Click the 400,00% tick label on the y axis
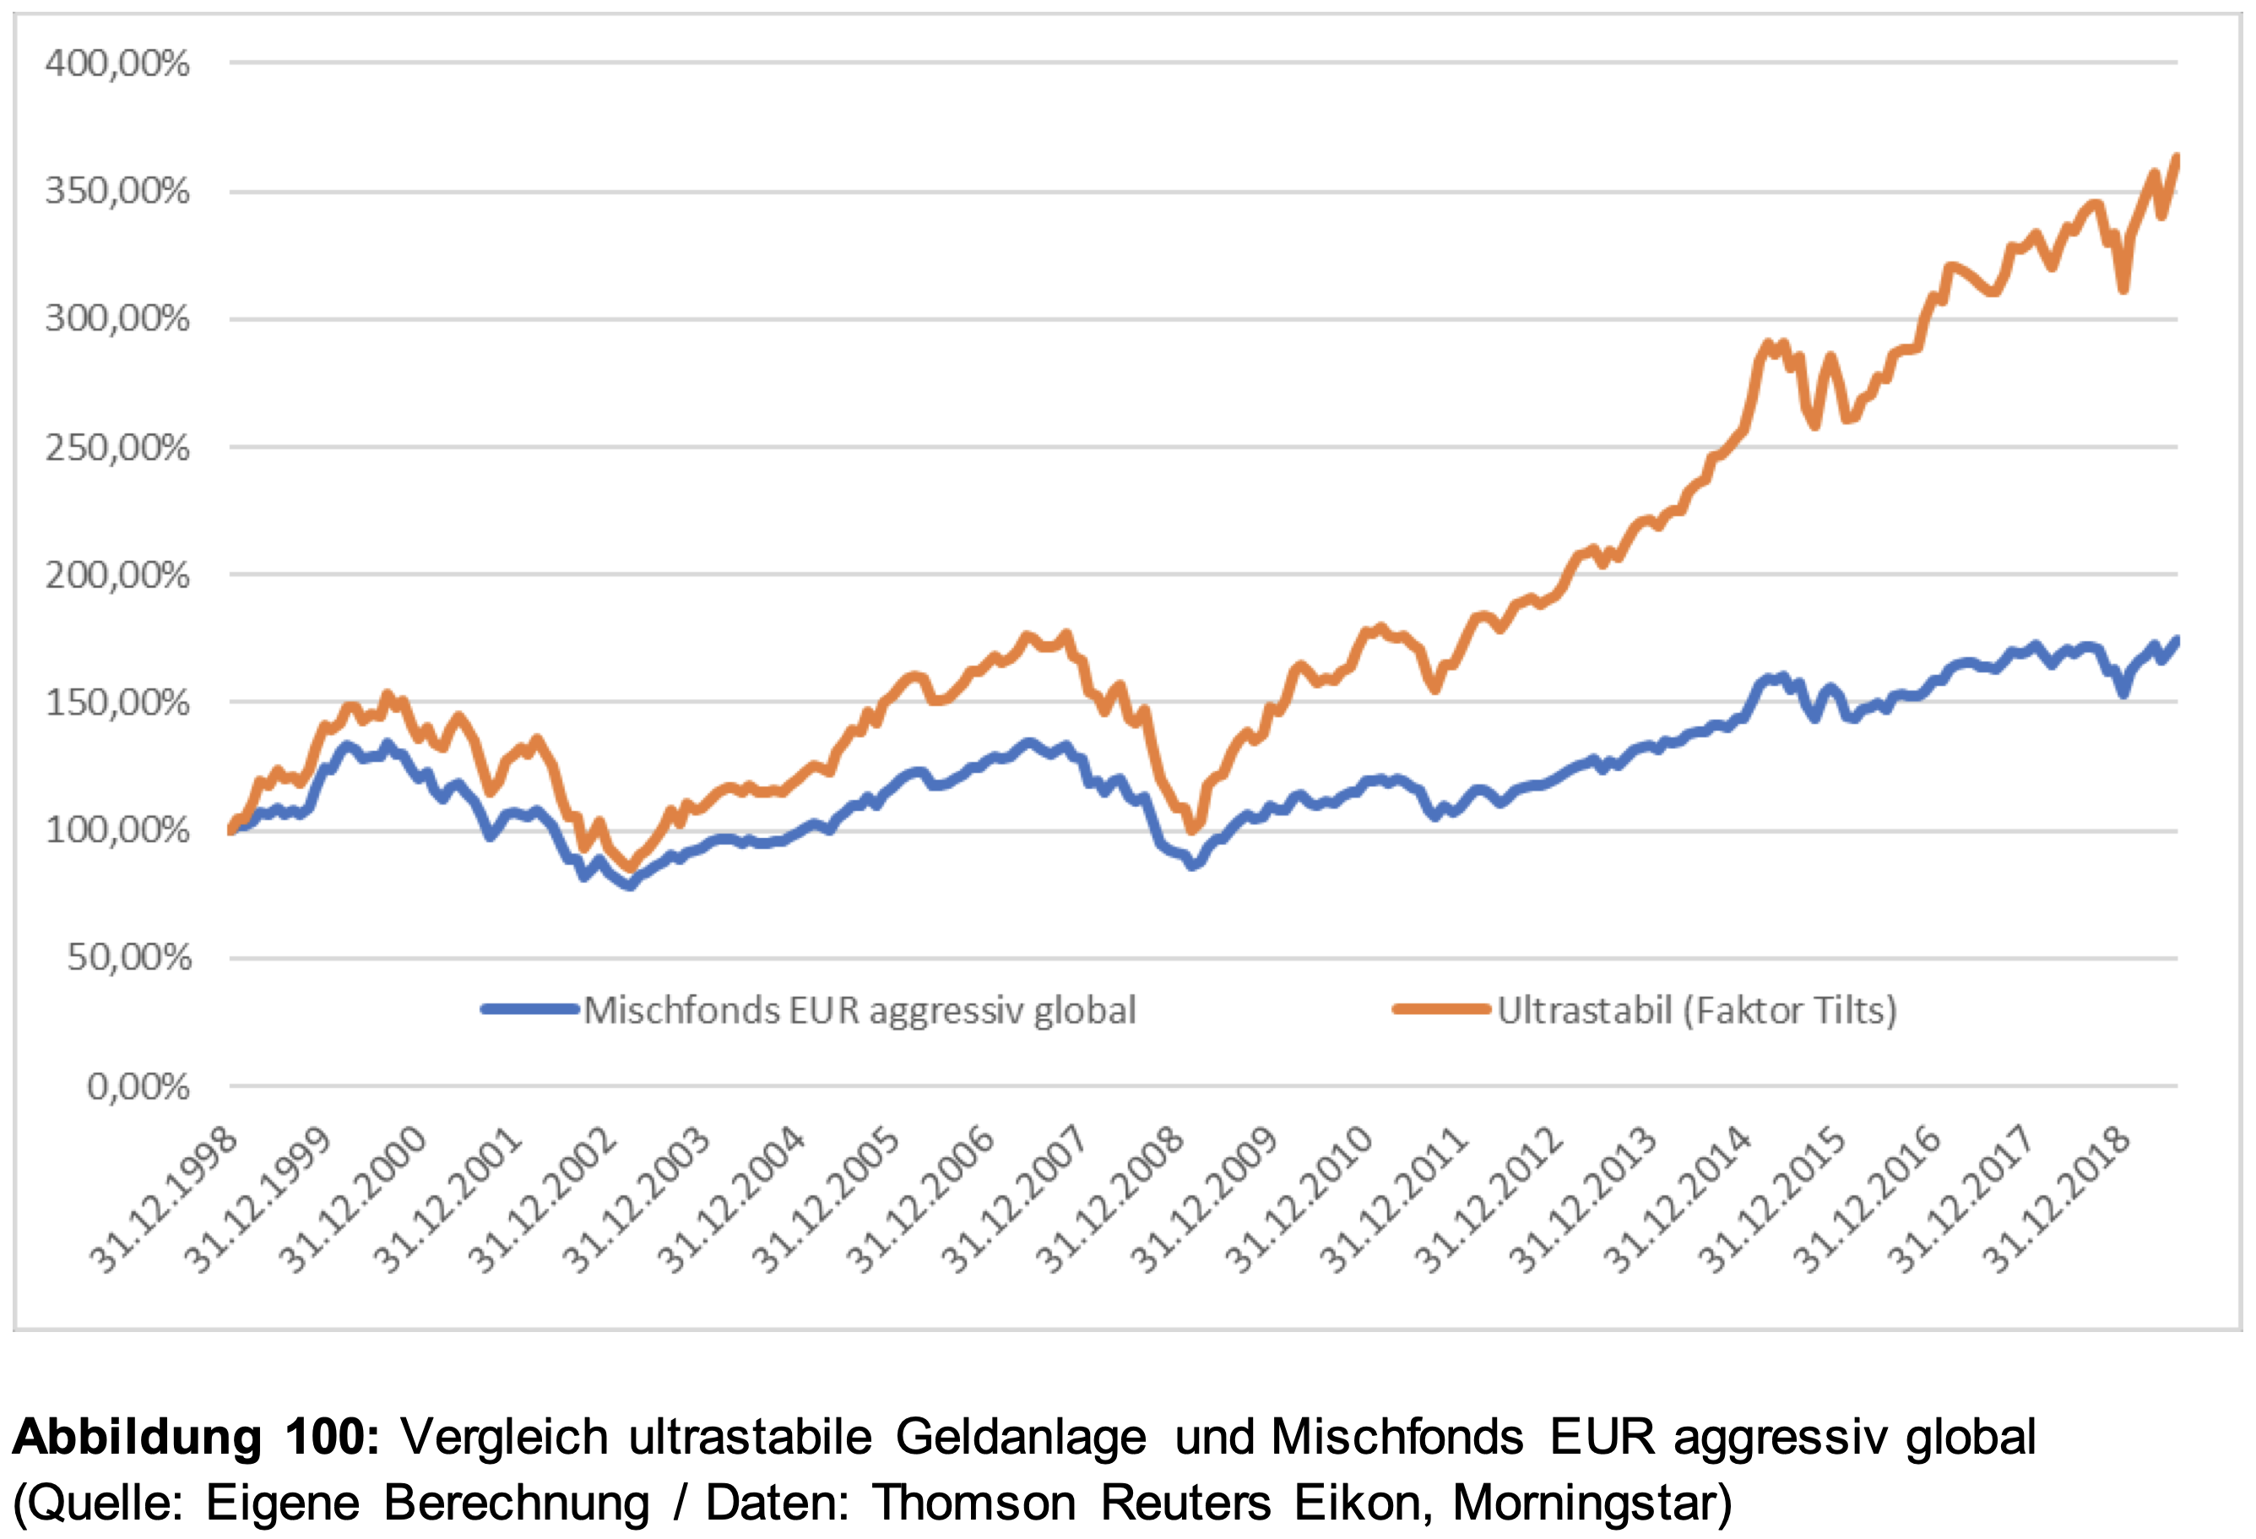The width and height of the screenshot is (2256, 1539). click(x=117, y=64)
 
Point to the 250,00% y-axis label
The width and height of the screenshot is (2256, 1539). click(x=117, y=449)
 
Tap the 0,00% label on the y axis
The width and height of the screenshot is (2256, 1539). click(x=138, y=1086)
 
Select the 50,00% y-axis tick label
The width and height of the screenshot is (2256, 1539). click(x=129, y=959)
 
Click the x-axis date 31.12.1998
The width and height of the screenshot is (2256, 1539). click(x=164, y=1199)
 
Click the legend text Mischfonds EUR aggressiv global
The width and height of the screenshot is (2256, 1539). click(x=860, y=1011)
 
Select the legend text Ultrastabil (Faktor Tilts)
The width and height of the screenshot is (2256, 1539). click(x=1696, y=1011)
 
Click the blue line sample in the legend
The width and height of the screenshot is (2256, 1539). click(x=530, y=1010)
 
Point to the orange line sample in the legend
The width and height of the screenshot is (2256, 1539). click(x=1440, y=1010)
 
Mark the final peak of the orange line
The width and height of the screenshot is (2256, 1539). click(x=2176, y=157)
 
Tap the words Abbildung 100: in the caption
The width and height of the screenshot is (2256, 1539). click(x=195, y=1437)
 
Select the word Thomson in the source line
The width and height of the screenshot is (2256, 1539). click(x=973, y=1503)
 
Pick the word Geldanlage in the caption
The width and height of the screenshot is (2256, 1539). click(x=1020, y=1437)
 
